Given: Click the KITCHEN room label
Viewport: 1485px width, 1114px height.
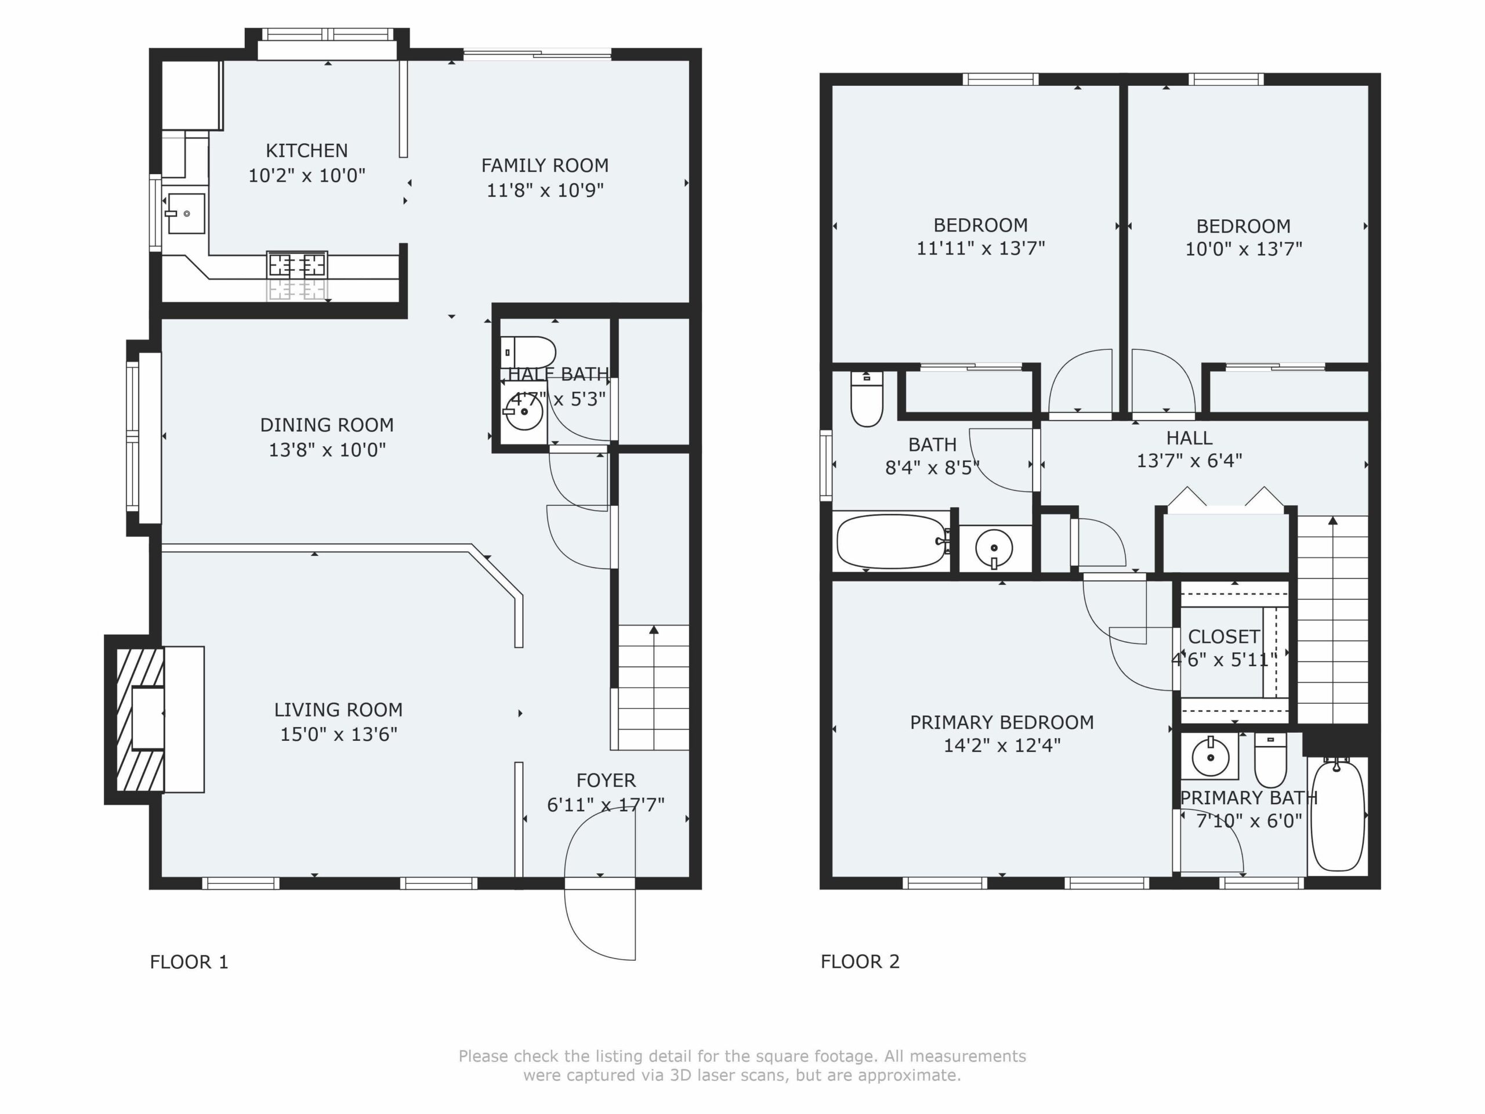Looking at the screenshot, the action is [x=307, y=150].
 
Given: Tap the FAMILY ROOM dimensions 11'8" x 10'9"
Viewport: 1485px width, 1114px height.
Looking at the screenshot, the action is [x=545, y=190].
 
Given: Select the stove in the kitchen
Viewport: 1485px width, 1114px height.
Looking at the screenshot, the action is [x=298, y=265].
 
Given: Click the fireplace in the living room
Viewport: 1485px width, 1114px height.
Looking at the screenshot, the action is [x=140, y=719].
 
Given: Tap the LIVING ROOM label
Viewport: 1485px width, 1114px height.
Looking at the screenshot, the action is [x=338, y=710].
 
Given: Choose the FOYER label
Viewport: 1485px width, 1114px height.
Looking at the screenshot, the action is [x=606, y=780].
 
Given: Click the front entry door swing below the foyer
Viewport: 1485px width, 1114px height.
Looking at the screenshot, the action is [x=599, y=920].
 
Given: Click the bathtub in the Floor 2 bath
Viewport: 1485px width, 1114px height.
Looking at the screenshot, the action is [x=891, y=541].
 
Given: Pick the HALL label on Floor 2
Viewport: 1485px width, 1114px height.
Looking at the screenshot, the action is [x=1189, y=439].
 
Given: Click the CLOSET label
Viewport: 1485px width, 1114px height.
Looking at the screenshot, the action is [x=1224, y=636].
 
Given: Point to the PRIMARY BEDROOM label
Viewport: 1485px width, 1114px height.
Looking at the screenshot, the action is [x=1002, y=722].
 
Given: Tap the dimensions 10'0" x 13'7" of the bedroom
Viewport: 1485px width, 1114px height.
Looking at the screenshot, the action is [x=1243, y=249].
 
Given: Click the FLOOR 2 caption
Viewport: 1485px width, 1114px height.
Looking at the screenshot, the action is [x=860, y=961].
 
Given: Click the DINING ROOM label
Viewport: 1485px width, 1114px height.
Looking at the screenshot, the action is [x=327, y=425].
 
